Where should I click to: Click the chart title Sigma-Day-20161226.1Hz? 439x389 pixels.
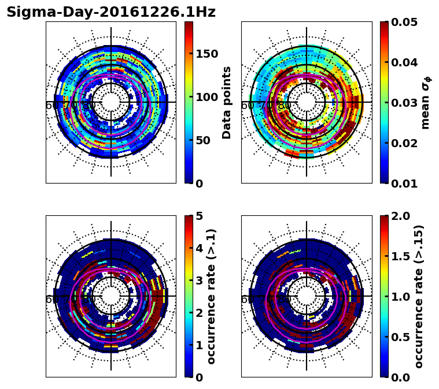tap(110, 12)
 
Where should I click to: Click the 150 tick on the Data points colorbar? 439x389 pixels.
tap(206, 54)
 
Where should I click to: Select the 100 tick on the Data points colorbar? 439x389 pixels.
tap(206, 97)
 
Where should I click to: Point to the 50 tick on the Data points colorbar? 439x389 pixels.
tap(202, 140)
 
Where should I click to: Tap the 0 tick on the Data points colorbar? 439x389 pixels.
tap(199, 184)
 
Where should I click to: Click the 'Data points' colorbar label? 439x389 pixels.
tap(227, 102)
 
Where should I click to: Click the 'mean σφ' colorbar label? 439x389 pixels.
tap(426, 102)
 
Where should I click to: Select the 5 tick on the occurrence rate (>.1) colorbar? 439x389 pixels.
tap(199, 216)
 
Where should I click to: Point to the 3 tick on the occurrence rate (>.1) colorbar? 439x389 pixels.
tap(199, 280)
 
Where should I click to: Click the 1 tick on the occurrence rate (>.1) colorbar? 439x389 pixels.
tap(199, 345)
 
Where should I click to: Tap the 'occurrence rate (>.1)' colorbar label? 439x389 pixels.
tap(212, 296)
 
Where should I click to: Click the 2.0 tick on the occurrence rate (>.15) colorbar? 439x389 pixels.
tap(401, 216)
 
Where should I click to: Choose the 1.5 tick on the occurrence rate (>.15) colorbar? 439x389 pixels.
tap(401, 256)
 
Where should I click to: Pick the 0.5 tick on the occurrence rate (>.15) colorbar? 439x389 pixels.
tap(401, 337)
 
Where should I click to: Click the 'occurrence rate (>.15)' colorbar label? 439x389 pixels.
tap(419, 296)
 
